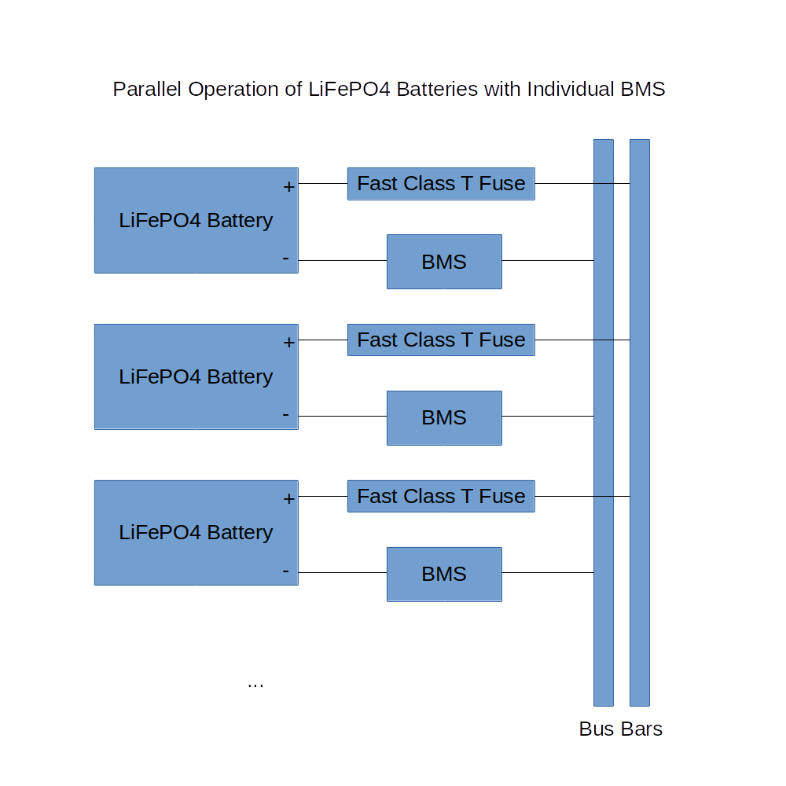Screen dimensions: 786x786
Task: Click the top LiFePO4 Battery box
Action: tap(196, 220)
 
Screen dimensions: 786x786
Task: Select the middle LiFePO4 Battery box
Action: tap(196, 376)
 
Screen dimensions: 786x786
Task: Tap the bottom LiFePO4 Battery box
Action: tap(196, 532)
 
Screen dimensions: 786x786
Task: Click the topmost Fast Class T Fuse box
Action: tap(441, 184)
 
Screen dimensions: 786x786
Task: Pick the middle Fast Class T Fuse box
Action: tap(441, 340)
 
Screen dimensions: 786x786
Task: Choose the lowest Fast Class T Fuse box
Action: tap(441, 496)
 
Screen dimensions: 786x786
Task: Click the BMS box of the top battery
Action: tap(444, 262)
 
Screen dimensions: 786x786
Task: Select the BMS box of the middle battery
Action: tap(444, 417)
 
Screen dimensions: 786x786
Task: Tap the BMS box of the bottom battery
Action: tap(444, 574)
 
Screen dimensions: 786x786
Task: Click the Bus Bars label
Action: tap(620, 729)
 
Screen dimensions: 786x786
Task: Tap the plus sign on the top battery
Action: tap(288, 187)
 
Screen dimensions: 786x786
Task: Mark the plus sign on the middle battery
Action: tap(288, 343)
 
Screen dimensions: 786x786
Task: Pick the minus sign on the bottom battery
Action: tap(285, 571)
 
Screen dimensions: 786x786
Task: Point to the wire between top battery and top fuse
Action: tap(322, 184)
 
